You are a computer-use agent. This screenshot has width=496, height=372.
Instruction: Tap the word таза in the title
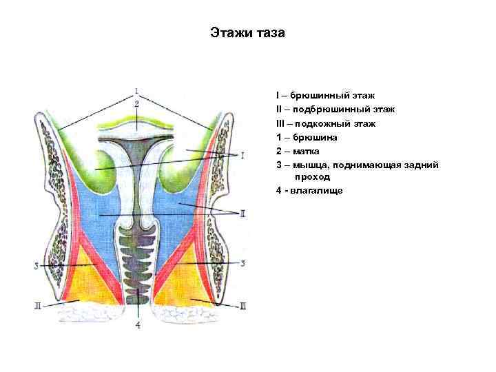click(271, 33)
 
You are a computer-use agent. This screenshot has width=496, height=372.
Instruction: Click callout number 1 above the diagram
click(137, 90)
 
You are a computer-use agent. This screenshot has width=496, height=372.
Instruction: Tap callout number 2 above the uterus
click(137, 103)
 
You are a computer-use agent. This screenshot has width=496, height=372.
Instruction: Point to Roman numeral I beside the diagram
click(242, 156)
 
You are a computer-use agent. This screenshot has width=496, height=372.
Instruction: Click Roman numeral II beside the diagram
click(242, 214)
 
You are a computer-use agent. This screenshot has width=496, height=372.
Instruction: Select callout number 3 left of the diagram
click(35, 265)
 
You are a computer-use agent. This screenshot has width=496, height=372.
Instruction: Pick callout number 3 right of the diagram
click(242, 263)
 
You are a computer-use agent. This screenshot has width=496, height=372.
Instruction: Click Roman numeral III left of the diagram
click(37, 304)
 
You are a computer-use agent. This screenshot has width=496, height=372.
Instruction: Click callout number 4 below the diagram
click(138, 325)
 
